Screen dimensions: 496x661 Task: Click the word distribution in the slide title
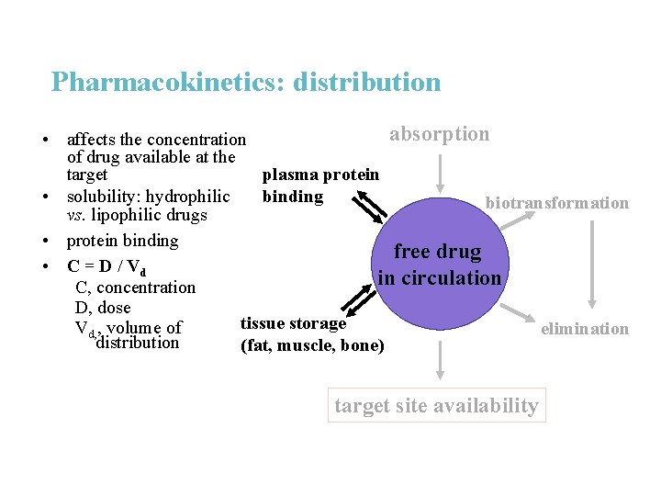coord(367,82)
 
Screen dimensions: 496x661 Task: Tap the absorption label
coord(439,134)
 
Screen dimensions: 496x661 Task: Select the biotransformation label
coord(556,203)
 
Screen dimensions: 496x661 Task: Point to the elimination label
coord(585,328)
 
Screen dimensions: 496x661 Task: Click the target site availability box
coord(436,405)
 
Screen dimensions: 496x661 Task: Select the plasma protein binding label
coord(319,185)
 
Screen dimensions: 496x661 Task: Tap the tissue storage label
coord(293,323)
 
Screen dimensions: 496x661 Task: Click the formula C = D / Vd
coord(106,267)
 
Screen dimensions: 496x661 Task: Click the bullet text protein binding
coord(122,241)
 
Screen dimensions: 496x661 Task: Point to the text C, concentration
coord(135,287)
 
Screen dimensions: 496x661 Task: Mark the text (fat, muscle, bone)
coord(312,345)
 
